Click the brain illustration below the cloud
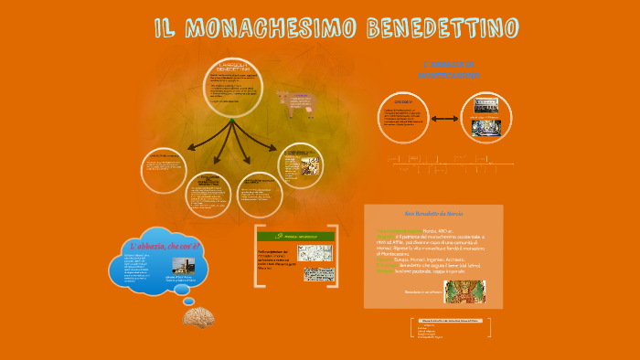[199, 316]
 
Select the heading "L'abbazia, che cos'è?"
[165, 245]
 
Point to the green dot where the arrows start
[232, 120]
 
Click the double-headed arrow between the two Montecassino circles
[445, 118]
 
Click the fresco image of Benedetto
[465, 291]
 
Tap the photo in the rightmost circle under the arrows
[299, 164]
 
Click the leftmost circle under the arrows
[165, 171]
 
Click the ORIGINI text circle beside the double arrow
[402, 119]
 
